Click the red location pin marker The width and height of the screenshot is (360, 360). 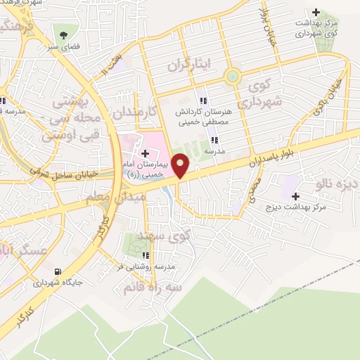181,165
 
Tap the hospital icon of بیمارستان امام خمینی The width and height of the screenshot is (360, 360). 144,153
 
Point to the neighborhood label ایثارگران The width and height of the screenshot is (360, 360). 188,67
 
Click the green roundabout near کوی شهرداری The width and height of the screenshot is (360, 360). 233,76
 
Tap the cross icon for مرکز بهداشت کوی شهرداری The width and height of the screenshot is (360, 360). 316,12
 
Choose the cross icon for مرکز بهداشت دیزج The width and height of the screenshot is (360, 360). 295,196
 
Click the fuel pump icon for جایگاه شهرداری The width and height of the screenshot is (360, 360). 58,271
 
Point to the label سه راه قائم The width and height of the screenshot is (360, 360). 153,287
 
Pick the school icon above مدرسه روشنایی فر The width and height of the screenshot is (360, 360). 146,255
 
